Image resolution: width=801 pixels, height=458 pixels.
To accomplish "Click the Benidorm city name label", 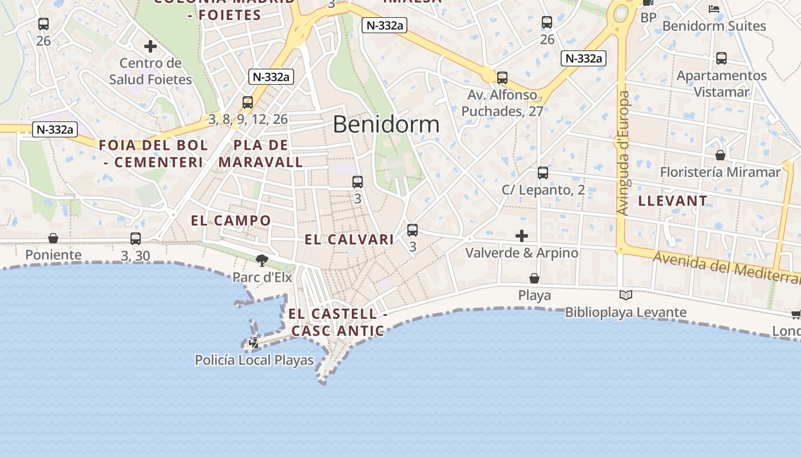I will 386,124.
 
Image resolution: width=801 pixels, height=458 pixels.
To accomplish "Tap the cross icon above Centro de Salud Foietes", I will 150,46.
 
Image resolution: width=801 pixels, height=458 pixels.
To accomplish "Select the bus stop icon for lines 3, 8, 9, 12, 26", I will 248,102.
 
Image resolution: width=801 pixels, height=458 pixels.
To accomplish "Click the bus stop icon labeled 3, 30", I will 136,239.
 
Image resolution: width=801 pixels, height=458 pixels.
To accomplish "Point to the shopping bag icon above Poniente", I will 53,238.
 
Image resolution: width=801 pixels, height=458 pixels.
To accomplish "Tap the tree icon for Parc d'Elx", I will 262,261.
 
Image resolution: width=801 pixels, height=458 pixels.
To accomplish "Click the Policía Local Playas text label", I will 254,360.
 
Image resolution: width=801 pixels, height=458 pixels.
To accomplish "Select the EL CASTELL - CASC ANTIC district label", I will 338,322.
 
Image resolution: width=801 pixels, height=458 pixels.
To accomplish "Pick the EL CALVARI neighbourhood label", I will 349,239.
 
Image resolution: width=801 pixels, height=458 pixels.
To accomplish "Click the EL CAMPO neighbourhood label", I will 231,220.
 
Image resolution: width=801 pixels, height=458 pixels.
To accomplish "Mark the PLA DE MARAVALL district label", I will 261,153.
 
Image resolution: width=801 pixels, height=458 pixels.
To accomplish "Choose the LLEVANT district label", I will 672,201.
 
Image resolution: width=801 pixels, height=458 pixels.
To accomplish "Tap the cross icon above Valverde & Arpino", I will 522,236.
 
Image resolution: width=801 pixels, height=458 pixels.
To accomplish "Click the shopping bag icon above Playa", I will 534,278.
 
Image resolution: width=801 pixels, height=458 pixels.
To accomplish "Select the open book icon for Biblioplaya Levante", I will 626,295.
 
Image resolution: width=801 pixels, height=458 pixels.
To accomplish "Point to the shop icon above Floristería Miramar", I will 720,155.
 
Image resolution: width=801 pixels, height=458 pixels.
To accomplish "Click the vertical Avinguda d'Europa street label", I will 623,153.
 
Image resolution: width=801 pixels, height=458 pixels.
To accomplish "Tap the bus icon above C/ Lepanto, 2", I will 543,172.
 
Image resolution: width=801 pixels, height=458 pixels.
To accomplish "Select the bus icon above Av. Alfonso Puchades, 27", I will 502,77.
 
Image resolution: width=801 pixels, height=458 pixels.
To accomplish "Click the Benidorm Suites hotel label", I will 713,26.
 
